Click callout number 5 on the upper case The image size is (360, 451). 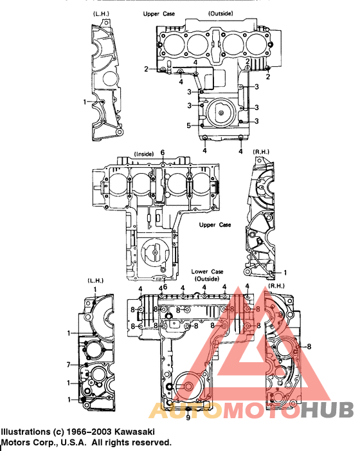(189, 125)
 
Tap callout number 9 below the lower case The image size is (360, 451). (188, 417)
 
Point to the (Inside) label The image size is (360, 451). (143, 154)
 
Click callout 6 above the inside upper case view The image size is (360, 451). (163, 152)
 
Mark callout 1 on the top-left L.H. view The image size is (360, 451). (85, 102)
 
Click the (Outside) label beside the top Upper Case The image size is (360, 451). (221, 13)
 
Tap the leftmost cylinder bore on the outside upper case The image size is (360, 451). (172, 43)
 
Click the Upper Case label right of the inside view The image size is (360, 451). (215, 225)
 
